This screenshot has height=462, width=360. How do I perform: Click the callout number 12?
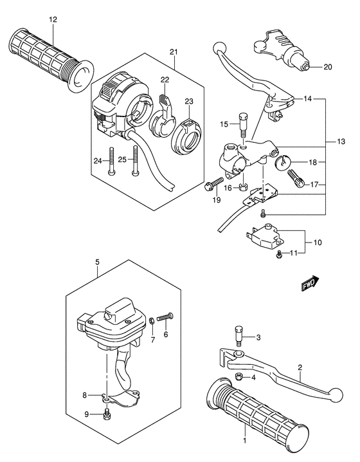[x=52, y=20]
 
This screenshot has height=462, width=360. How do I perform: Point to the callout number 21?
[x=174, y=51]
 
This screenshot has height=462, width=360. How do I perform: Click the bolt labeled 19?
[x=211, y=186]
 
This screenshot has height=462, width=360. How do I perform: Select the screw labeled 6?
[x=165, y=316]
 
